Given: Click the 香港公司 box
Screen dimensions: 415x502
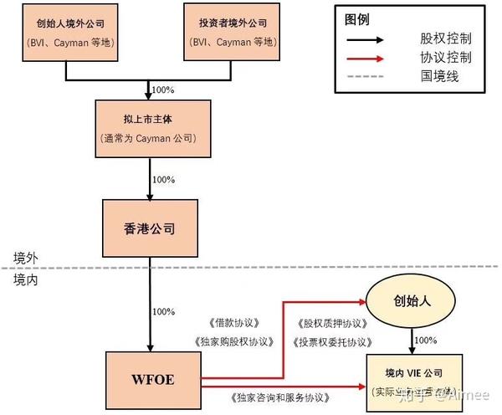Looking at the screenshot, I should (151, 228).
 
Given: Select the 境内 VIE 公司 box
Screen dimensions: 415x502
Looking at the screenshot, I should (412, 382).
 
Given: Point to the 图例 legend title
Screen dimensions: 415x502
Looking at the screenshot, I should (356, 19).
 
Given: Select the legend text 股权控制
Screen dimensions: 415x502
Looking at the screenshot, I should (445, 39).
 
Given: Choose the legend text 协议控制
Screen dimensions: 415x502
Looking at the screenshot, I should (445, 59).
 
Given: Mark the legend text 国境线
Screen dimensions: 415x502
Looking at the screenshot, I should (439, 77).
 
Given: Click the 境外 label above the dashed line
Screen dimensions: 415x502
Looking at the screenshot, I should (26, 257).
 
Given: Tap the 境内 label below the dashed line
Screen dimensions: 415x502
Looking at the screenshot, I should (26, 280).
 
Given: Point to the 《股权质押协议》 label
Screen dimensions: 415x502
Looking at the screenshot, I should (330, 323).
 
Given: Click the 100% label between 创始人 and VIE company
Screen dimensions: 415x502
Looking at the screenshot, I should (426, 340).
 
